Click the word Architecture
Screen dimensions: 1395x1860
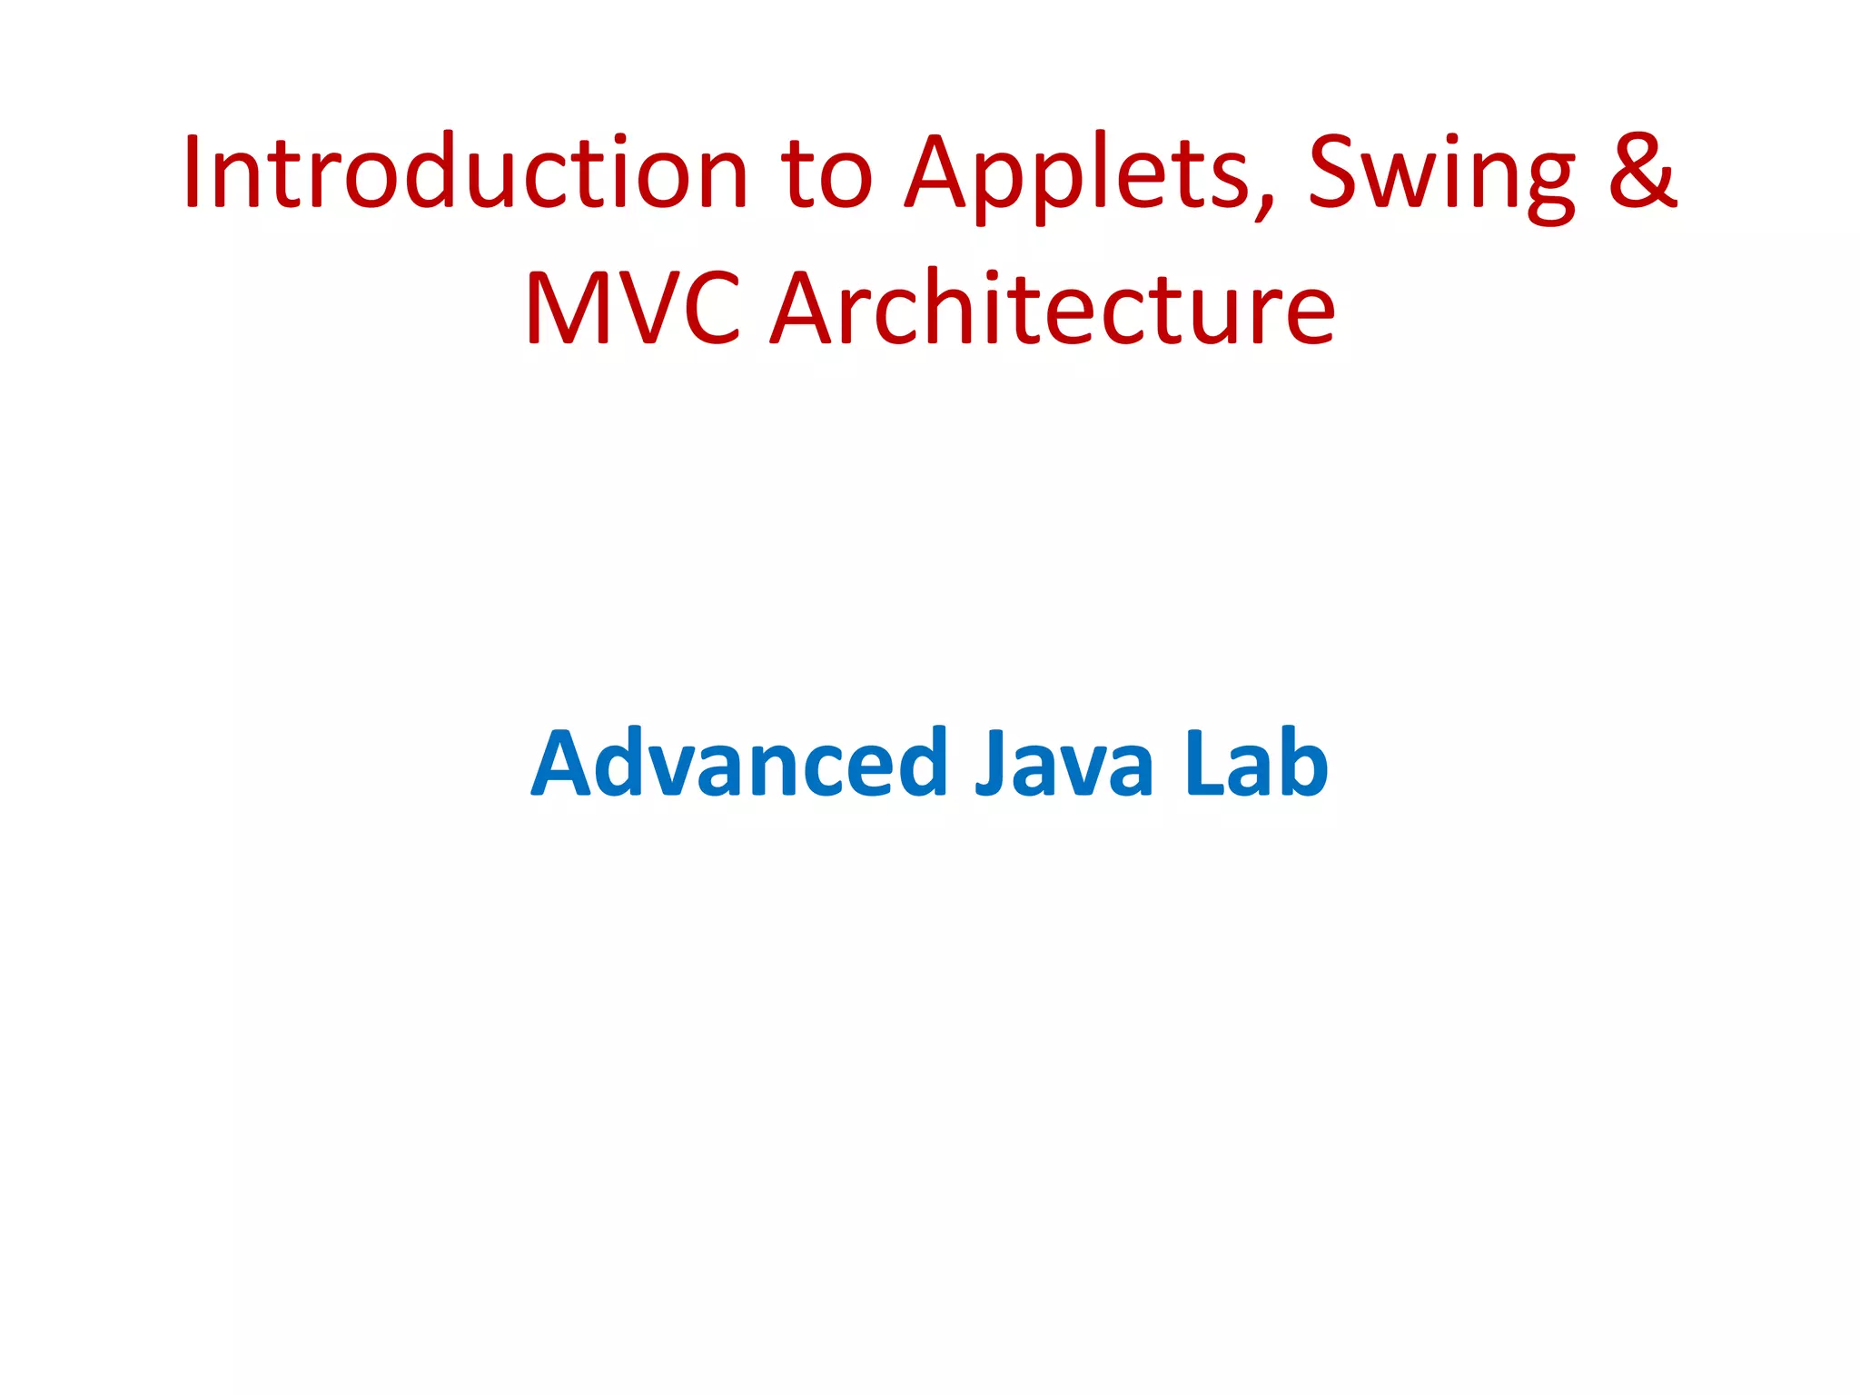pyautogui.click(x=1054, y=309)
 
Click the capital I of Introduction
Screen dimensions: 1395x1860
pyautogui.click(x=192, y=173)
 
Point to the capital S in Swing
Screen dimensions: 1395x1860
pyautogui.click(x=1334, y=173)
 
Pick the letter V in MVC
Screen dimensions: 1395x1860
pyautogui.click(x=648, y=309)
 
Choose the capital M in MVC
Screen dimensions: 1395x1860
pyautogui.click(x=569, y=309)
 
